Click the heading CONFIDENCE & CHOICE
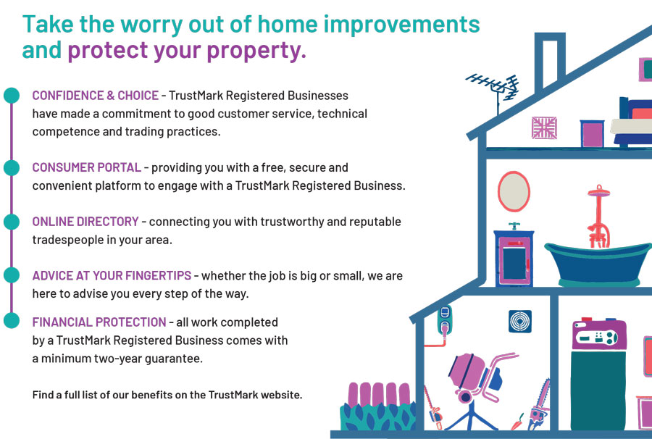[x=95, y=96]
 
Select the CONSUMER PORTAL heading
[x=86, y=167]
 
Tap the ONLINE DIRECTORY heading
[x=85, y=222]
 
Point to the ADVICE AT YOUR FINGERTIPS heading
[x=112, y=275]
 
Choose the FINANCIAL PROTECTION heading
[x=99, y=322]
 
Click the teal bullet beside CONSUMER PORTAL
[x=11, y=167]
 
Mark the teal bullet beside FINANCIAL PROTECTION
[x=11, y=320]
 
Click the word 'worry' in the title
[x=151, y=25]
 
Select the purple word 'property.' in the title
[x=256, y=51]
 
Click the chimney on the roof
[x=550, y=61]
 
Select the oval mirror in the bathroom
[x=514, y=192]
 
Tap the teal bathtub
[x=598, y=264]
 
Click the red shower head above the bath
[x=599, y=192]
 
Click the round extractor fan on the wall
[x=519, y=322]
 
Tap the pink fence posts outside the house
[x=378, y=393]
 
